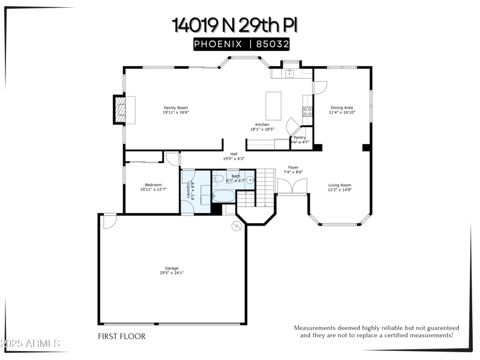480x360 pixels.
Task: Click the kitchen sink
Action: coord(289,74)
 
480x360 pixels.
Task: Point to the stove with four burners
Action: coord(307,110)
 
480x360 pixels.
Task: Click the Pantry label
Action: coord(299,137)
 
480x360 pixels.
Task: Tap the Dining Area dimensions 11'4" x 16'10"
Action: coord(342,112)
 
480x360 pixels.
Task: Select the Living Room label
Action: coord(340,185)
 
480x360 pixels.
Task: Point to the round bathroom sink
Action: coord(250,179)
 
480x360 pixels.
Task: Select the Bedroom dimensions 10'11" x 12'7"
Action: coord(153,190)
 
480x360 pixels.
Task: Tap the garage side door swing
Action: coord(109,222)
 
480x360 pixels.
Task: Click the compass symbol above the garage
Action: coord(236,226)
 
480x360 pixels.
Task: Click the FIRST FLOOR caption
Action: coord(121,337)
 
